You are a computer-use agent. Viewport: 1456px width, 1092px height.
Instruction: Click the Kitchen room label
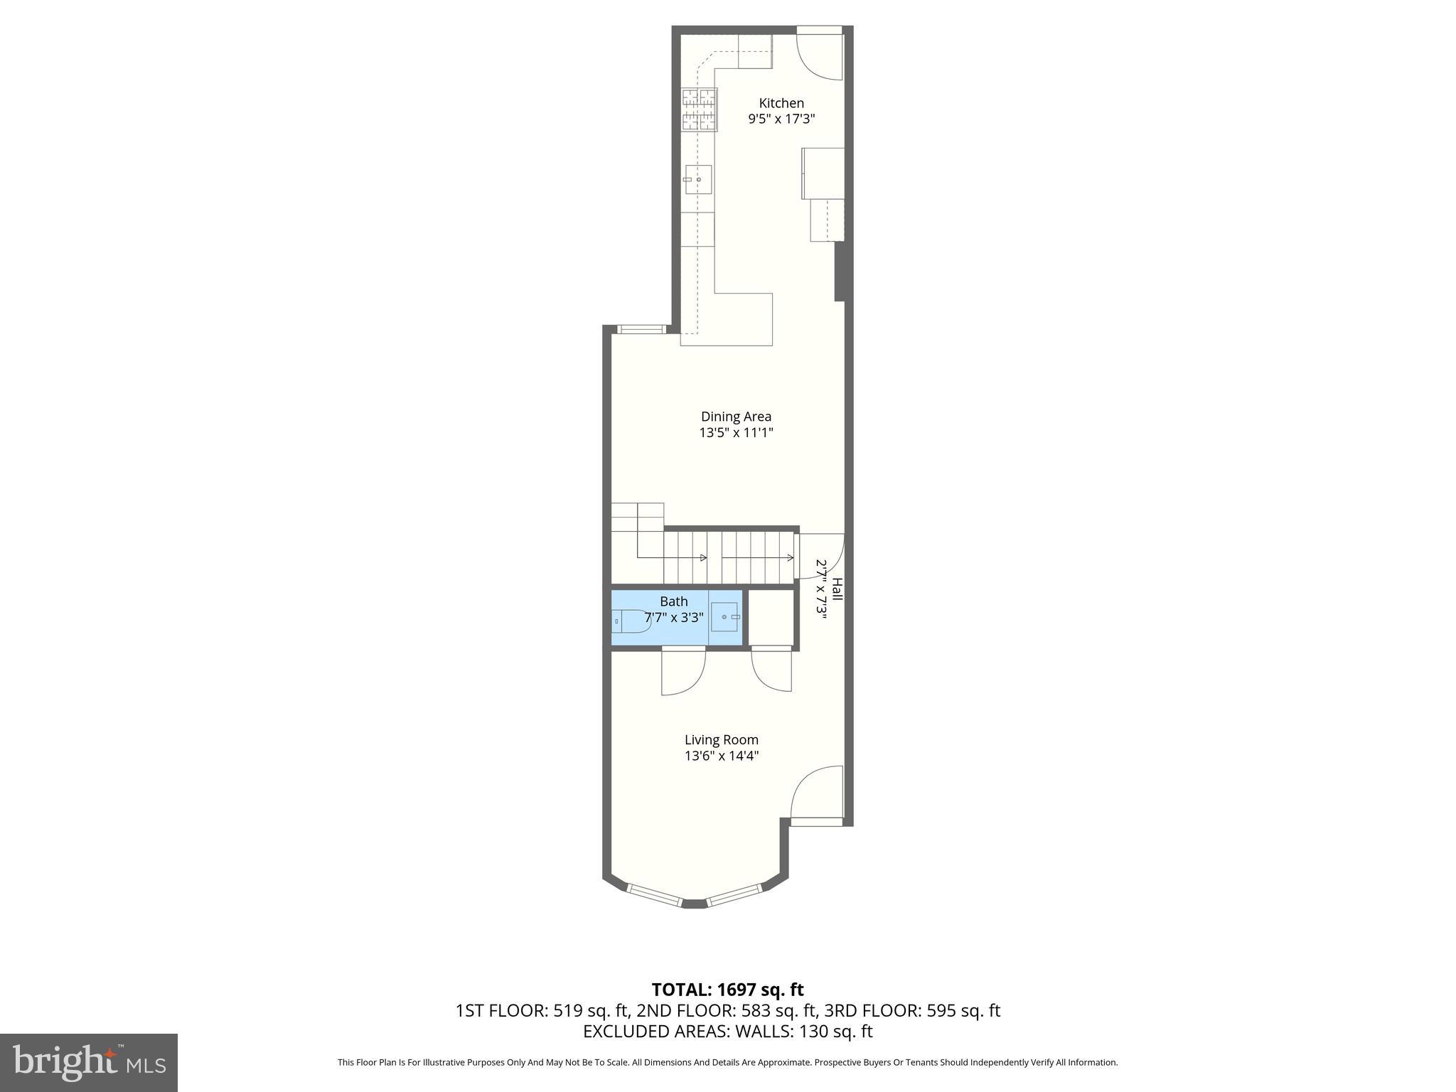pyautogui.click(x=781, y=103)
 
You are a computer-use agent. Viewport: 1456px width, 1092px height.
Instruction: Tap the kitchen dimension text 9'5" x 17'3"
pyautogui.click(x=781, y=119)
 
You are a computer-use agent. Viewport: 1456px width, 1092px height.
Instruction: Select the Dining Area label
pyautogui.click(x=736, y=417)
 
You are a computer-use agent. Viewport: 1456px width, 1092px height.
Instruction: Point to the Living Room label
pyautogui.click(x=722, y=739)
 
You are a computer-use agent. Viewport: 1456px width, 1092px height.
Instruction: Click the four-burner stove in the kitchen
pyautogui.click(x=700, y=109)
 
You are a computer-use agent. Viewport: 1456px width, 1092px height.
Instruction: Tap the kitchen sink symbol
pyautogui.click(x=698, y=179)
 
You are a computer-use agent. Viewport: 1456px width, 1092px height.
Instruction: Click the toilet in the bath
pyautogui.click(x=630, y=621)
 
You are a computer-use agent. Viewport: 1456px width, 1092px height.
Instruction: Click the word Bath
pyautogui.click(x=673, y=601)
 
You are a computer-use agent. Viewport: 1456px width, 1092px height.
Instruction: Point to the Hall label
pyautogui.click(x=837, y=589)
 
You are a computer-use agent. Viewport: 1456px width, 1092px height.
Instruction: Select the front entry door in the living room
pyautogui.click(x=817, y=793)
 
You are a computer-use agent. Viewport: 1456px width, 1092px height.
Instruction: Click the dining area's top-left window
pyautogui.click(x=641, y=329)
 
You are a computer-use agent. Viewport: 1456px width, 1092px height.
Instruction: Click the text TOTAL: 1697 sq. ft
pyautogui.click(x=727, y=990)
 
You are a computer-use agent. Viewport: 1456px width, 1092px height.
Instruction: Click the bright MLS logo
pyautogui.click(x=89, y=1062)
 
